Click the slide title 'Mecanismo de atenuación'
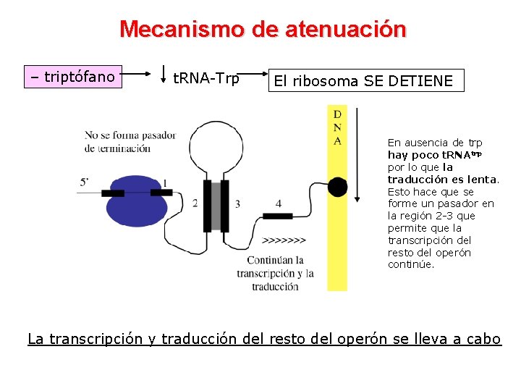[263, 30]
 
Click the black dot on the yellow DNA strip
[337, 187]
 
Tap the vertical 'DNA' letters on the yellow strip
[337, 127]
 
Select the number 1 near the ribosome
[166, 182]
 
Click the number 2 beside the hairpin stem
[195, 203]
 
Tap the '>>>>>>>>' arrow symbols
[284, 240]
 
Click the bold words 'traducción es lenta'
[442, 180]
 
